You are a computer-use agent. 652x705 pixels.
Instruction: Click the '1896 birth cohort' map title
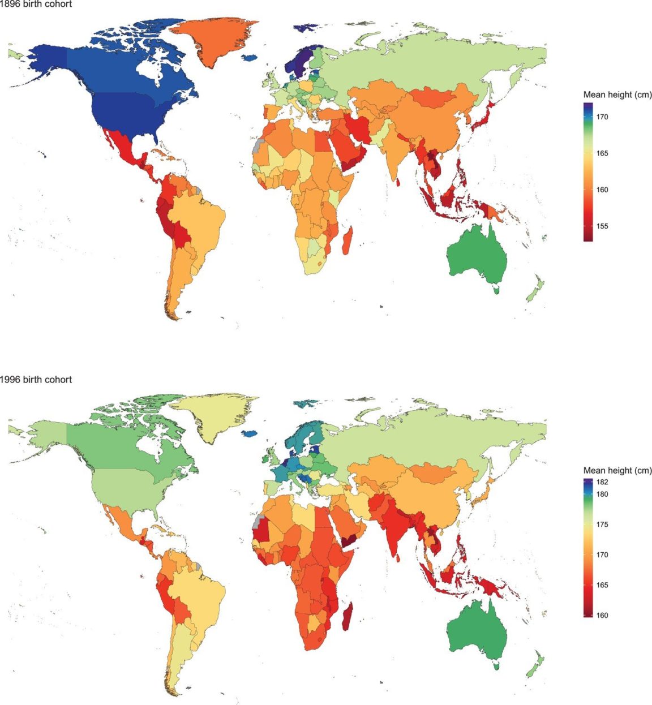tap(36, 4)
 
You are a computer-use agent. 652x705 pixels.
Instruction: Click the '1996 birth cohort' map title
tap(36, 380)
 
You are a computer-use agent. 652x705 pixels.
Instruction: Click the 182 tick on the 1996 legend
tap(602, 483)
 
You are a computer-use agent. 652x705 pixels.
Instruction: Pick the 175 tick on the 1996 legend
tap(602, 525)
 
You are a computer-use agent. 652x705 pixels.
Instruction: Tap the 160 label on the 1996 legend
tap(602, 615)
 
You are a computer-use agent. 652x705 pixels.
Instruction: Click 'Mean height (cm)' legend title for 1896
tap(617, 95)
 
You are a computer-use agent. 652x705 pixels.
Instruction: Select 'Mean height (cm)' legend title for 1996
tap(617, 470)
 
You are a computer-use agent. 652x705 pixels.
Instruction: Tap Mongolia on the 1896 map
tap(434, 97)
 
